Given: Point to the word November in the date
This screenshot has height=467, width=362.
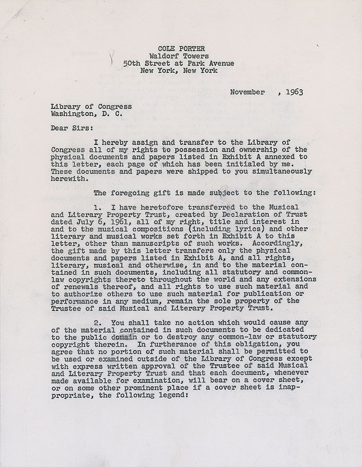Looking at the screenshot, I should [247, 92].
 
